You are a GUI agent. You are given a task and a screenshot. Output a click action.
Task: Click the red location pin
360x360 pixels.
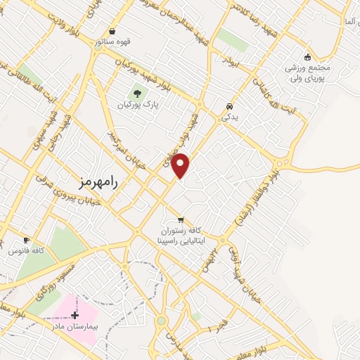tap(181, 165)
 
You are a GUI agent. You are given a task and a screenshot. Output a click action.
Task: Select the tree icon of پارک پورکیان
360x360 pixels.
tap(137, 95)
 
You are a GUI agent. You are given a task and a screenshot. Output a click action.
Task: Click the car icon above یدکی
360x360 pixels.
tap(230, 106)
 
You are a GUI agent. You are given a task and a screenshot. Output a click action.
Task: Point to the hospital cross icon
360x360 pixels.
tap(75, 315)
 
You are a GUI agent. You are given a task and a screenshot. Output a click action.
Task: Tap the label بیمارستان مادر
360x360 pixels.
tap(75, 327)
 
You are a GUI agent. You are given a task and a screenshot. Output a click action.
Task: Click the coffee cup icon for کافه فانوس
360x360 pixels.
tap(27, 240)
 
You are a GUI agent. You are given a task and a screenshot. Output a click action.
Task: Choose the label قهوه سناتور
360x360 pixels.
tap(117, 41)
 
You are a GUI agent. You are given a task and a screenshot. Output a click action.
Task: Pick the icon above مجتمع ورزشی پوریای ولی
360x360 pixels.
tap(307, 58)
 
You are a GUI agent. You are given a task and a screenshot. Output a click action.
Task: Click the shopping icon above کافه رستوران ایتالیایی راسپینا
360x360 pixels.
tap(181, 219)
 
